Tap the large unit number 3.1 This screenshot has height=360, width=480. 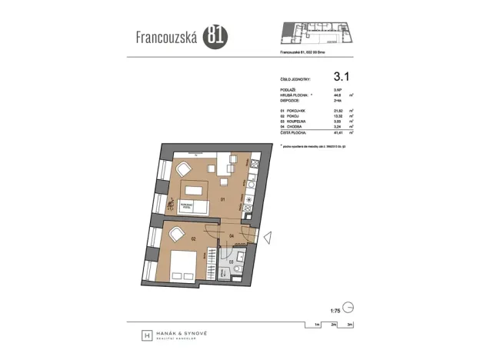coord(342,76)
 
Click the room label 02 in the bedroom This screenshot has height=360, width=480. coord(194,239)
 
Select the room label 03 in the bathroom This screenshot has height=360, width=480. coord(232,262)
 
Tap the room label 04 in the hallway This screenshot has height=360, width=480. coord(231,235)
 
